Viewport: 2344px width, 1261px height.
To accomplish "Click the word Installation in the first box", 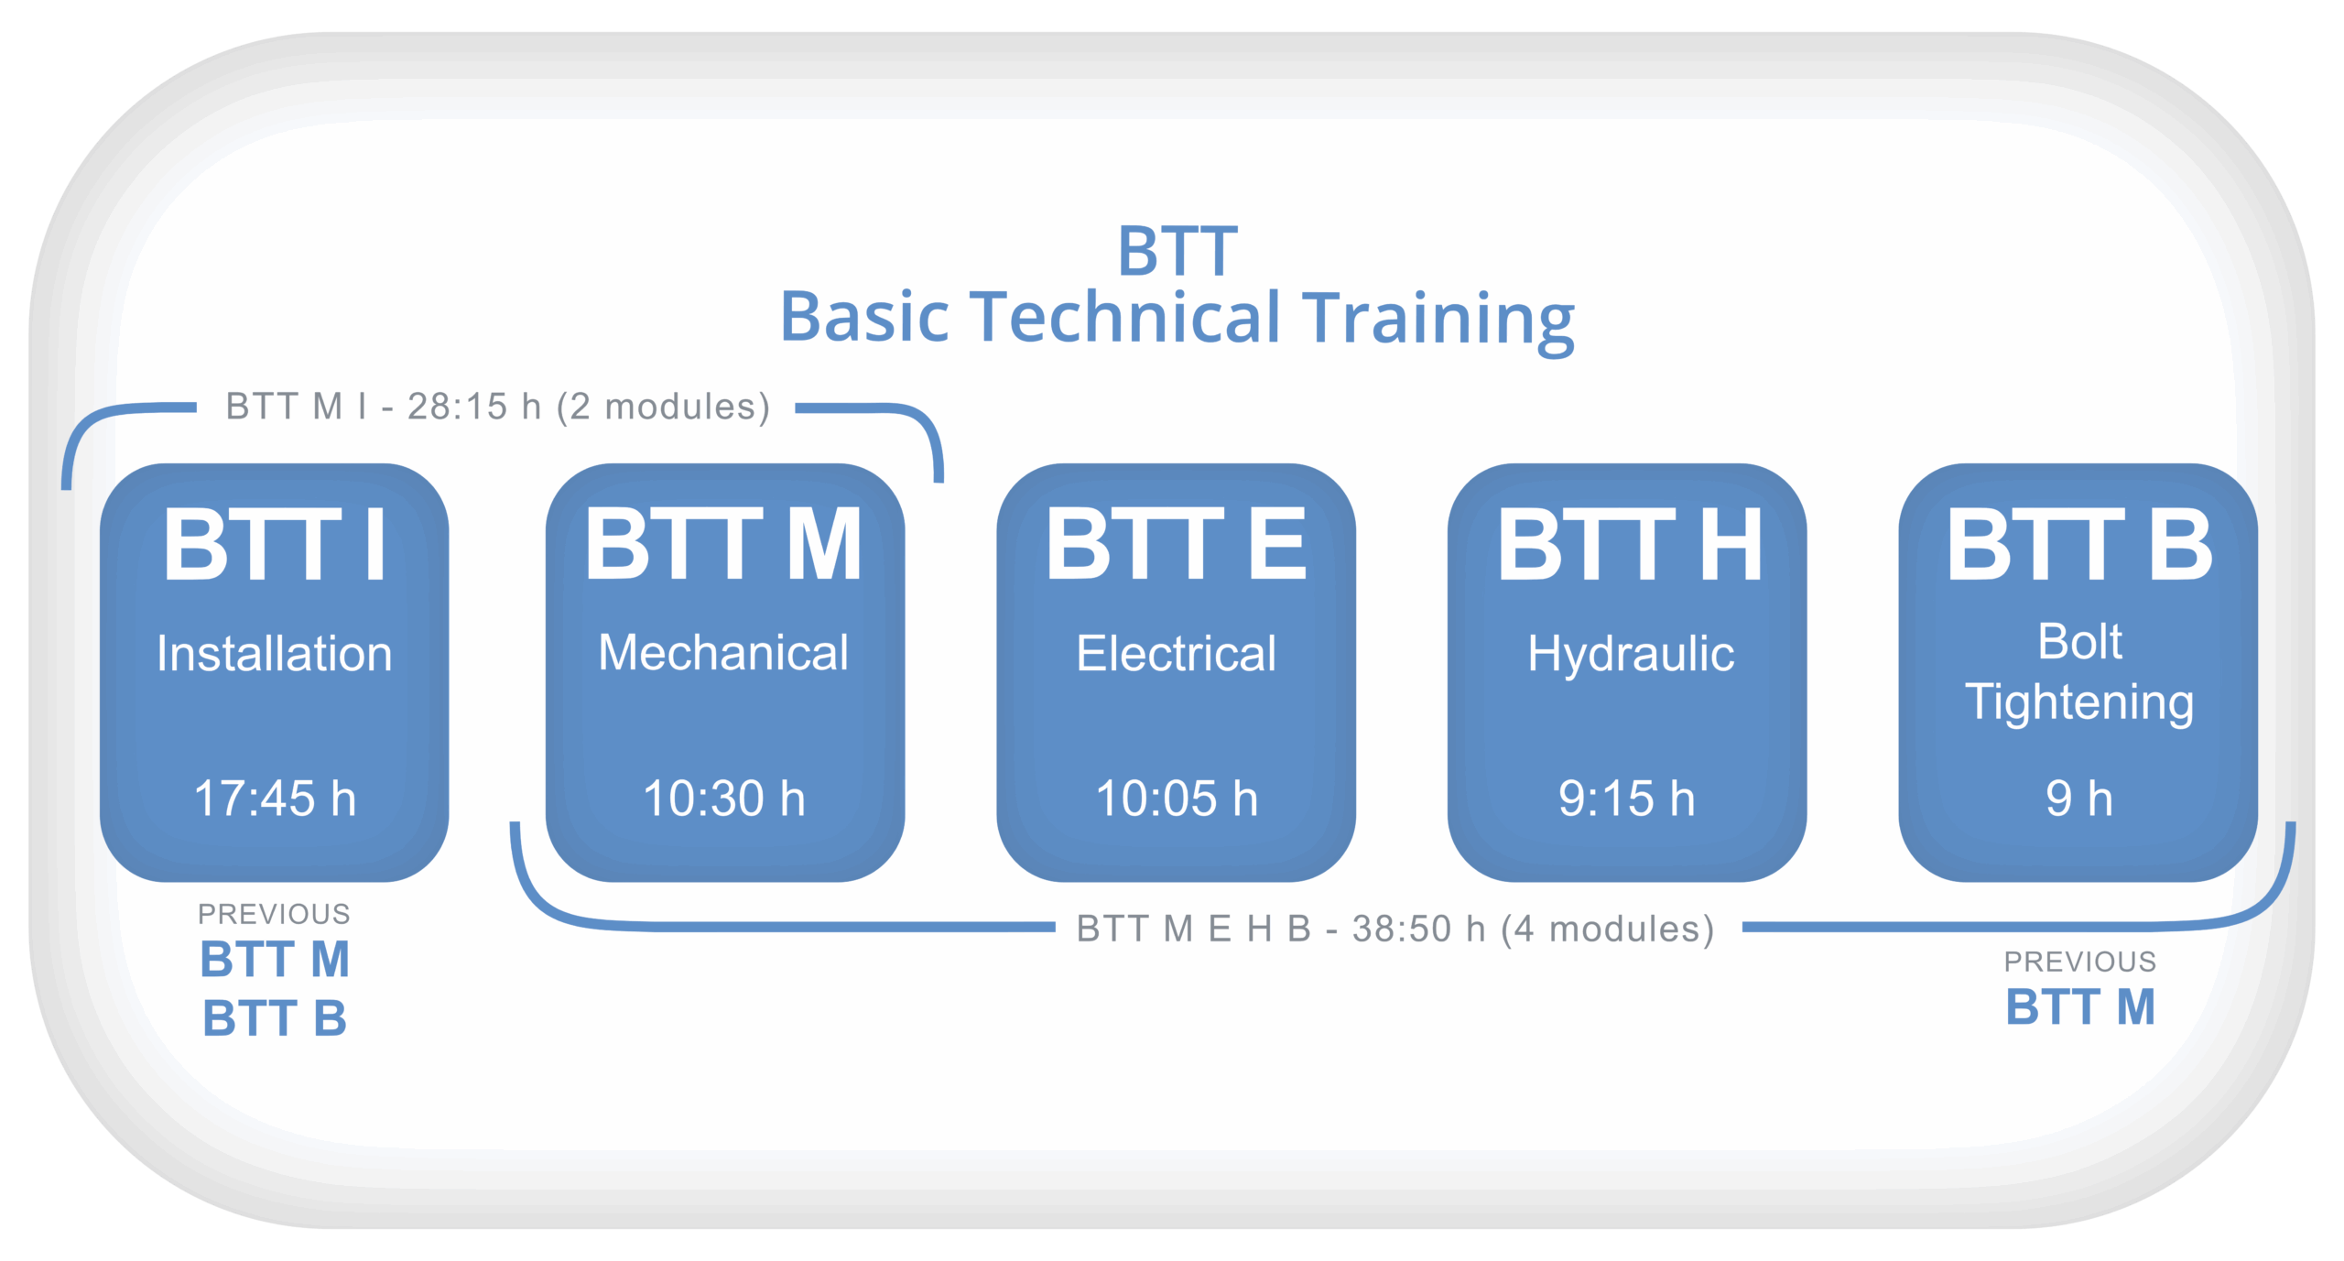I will [x=274, y=654].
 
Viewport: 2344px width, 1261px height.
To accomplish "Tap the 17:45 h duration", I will [x=275, y=798].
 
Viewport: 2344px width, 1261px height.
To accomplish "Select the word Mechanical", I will [x=723, y=653].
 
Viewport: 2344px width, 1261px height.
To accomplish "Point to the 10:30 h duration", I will [x=724, y=798].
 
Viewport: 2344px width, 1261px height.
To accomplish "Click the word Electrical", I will [x=1176, y=654].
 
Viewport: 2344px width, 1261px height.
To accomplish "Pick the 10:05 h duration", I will [x=1177, y=798].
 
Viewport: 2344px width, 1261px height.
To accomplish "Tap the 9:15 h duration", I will [x=1626, y=798].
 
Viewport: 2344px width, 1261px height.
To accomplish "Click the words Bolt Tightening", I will [x=2079, y=673].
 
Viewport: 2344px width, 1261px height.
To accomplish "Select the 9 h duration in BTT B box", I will [x=2078, y=798].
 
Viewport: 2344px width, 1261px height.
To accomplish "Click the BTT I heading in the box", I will [x=275, y=546].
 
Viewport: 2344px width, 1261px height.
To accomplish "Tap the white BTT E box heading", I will [x=1176, y=546].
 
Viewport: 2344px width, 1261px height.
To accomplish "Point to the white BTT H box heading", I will [x=1629, y=546].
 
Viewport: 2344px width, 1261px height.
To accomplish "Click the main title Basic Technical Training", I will [x=1177, y=318].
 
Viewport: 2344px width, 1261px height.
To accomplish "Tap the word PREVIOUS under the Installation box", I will [x=274, y=914].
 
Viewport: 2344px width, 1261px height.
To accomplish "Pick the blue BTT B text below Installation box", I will [x=275, y=1018].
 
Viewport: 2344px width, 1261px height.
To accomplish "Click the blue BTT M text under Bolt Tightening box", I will [x=2079, y=1007].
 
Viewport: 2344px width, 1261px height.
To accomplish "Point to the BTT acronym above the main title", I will [x=1177, y=250].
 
